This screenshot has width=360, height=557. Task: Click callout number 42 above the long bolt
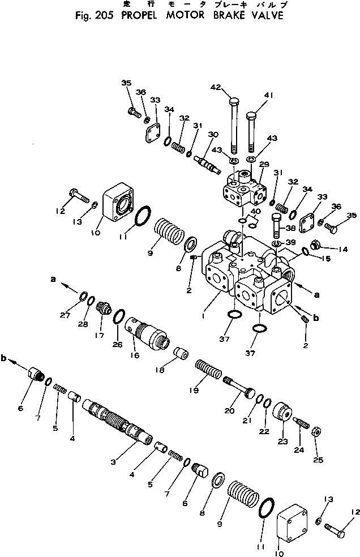coord(216,87)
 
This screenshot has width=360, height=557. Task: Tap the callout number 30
coord(213,134)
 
